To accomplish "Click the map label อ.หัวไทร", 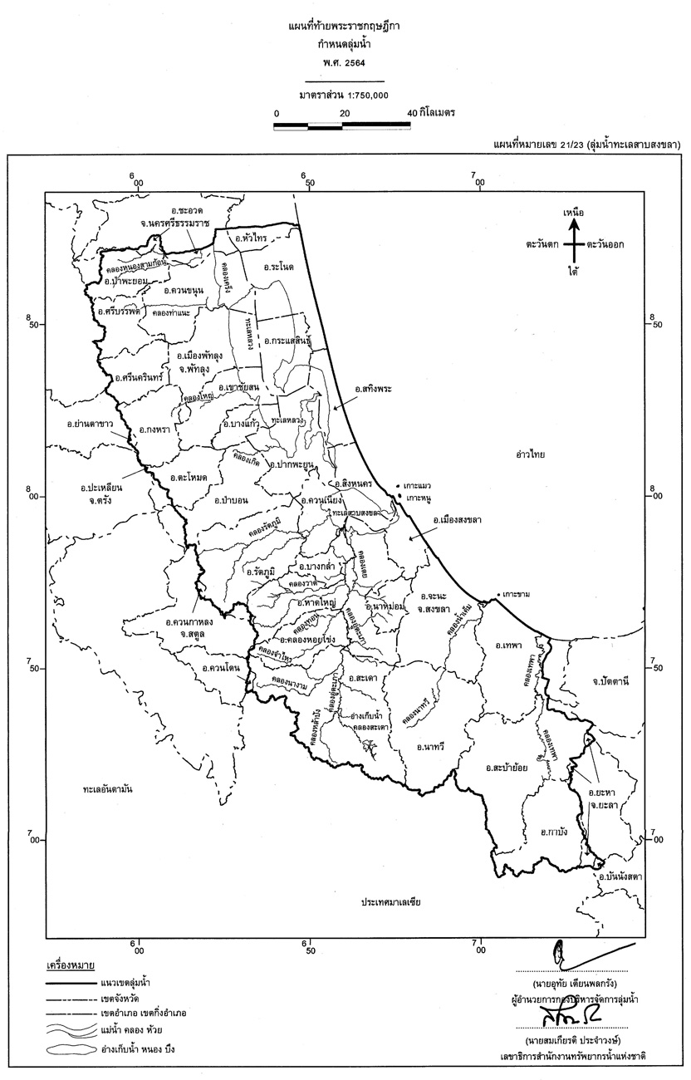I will pyautogui.click(x=249, y=238).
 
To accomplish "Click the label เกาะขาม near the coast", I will pyautogui.click(x=518, y=595).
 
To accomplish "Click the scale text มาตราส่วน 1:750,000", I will pyautogui.click(x=345, y=95).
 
